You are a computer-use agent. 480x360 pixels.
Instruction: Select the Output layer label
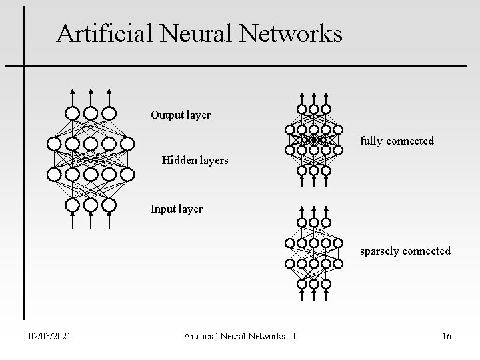180,115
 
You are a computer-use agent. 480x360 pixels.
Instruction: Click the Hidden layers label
195,160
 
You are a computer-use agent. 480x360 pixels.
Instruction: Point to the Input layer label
176,209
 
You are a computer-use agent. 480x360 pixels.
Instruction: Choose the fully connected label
397,141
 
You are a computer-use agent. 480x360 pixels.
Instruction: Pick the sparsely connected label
405,251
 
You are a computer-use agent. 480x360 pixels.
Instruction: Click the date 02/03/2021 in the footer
51,337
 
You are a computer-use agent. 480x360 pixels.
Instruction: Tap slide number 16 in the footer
446,337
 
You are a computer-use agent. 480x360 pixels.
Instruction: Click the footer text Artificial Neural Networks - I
240,337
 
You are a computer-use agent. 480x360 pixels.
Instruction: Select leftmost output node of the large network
73,113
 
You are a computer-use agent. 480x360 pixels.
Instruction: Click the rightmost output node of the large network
109,113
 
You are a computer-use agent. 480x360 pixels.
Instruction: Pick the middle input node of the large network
91,205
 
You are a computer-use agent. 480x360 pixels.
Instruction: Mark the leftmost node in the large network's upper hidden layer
54,143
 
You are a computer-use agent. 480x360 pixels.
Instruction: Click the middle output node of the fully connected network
313,109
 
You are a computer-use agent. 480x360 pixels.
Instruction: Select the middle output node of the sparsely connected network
313,222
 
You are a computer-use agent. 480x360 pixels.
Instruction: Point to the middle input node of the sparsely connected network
313,285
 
